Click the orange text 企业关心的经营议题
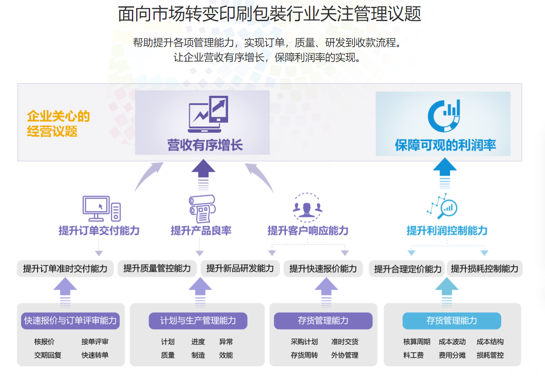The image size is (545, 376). (x=58, y=123)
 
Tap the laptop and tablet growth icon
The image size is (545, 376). (x=208, y=111)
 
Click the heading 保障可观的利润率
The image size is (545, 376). (x=445, y=145)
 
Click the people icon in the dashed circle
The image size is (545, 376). (x=307, y=207)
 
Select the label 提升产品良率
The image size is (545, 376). (x=201, y=231)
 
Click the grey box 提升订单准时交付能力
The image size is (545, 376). (x=65, y=268)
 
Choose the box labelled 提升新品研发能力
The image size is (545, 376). (x=240, y=268)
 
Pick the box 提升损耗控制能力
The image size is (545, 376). (x=484, y=268)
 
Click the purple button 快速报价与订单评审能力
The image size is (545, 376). (x=70, y=321)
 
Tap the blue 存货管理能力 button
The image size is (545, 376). (x=451, y=321)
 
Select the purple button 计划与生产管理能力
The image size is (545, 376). (x=198, y=321)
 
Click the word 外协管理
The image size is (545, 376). (x=345, y=355)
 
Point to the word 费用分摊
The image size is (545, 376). (x=452, y=355)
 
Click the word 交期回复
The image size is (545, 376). (x=48, y=355)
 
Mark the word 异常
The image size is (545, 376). (x=226, y=342)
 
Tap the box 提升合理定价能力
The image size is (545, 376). (x=408, y=269)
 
